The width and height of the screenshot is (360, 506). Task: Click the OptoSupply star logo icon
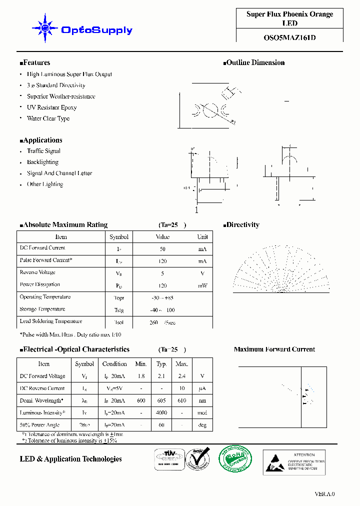pos(44,29)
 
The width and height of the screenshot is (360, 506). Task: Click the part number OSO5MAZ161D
pos(289,37)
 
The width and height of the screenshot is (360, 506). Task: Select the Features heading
pos(35,63)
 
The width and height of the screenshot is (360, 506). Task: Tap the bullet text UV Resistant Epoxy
pos(51,107)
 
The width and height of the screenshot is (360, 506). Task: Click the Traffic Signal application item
pos(43,151)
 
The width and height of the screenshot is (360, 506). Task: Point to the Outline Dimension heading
pos(254,63)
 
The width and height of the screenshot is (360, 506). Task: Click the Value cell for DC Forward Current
pos(162,248)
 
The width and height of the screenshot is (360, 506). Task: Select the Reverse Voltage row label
pos(37,272)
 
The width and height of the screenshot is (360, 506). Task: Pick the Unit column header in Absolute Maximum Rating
pos(202,237)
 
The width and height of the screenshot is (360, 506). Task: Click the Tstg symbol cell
pos(118,310)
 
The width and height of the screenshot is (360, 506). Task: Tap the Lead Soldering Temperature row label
pos(50,321)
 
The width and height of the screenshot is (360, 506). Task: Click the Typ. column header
pos(161,364)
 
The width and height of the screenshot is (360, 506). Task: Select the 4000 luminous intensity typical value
pos(161,413)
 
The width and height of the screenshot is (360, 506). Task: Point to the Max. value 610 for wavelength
pos(182,400)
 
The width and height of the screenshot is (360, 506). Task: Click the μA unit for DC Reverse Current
pos(202,388)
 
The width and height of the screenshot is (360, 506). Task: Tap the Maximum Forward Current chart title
pos(274,349)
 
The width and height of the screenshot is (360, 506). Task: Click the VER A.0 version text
pos(324,494)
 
